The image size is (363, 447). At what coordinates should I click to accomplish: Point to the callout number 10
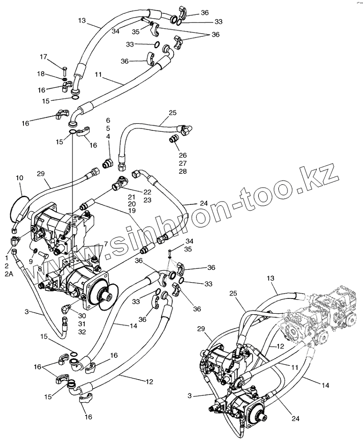click(x=19, y=178)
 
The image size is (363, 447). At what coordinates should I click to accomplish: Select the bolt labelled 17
click(x=65, y=69)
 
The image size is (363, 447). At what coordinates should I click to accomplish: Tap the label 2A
click(x=8, y=274)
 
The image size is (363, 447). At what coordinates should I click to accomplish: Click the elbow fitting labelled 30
click(x=67, y=309)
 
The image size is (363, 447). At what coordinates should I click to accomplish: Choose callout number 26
click(x=182, y=155)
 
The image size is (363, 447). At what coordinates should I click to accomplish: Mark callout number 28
click(x=182, y=171)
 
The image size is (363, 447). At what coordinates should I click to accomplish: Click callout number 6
click(x=108, y=120)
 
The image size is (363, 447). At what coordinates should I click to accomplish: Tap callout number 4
click(x=108, y=136)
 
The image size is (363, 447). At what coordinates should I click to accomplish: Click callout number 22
click(x=147, y=192)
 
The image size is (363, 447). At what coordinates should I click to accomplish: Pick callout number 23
click(x=147, y=200)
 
